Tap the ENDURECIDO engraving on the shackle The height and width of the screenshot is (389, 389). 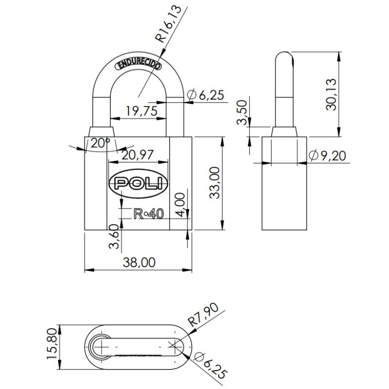pyautogui.click(x=139, y=65)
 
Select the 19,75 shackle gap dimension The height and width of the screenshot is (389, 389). pyautogui.click(x=142, y=111)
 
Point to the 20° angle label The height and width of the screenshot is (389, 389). pyautogui.click(x=100, y=143)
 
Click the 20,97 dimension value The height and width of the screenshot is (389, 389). pyautogui.click(x=138, y=155)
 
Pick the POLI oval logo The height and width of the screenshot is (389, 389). pyautogui.click(x=138, y=184)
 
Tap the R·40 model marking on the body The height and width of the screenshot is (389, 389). pyautogui.click(x=149, y=214)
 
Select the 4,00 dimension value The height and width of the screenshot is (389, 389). pyautogui.click(x=181, y=205)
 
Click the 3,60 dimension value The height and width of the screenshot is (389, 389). pyautogui.click(x=114, y=236)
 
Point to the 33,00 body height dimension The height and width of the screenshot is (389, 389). pyautogui.click(x=214, y=183)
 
